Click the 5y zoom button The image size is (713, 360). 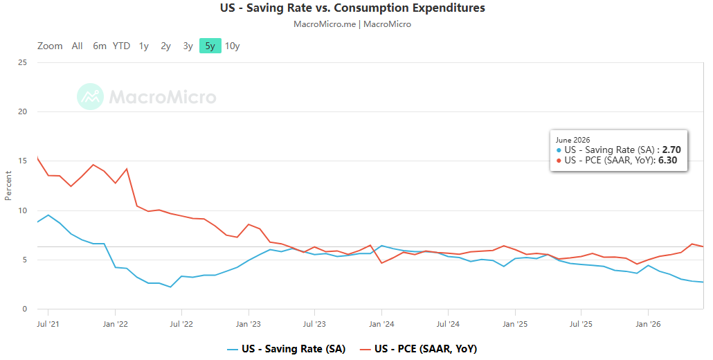coord(210,46)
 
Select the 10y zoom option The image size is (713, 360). coord(233,46)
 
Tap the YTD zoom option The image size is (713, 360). coord(121,46)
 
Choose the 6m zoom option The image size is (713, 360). coord(100,46)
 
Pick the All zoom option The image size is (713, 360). coord(78,46)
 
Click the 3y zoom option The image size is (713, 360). coord(188,46)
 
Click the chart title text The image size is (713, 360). coord(352,8)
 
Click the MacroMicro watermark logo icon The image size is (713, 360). coord(90,96)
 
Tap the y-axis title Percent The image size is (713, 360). coord(8,186)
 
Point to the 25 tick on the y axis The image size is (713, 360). coord(22,62)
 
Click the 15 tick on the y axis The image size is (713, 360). coord(22,161)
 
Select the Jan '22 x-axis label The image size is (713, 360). coord(116,324)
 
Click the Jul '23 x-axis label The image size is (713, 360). coord(315,324)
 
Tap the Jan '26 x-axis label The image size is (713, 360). coord(648,324)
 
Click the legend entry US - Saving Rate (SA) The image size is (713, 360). coord(287,349)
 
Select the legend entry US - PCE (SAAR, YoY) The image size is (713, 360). coord(418,349)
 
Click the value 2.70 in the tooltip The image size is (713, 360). coord(671,150)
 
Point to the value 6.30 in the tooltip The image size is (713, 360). coord(667,161)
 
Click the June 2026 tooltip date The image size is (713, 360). coord(573,140)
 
